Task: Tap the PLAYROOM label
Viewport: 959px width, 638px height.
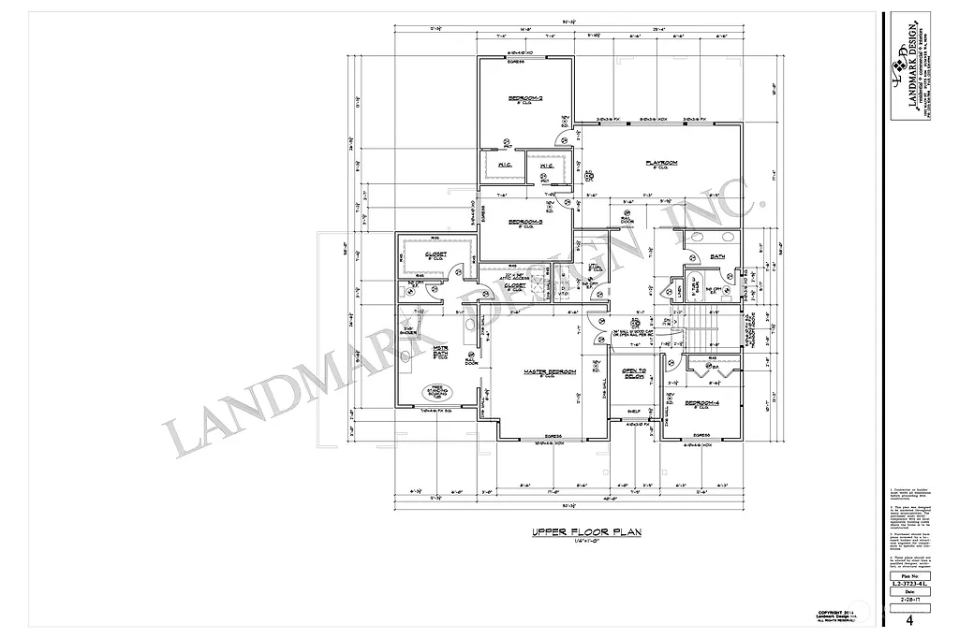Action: [x=661, y=163]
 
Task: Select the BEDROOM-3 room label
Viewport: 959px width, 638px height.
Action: [x=526, y=222]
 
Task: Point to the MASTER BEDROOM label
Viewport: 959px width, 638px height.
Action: [x=549, y=372]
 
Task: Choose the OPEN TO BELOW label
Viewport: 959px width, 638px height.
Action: [x=635, y=374]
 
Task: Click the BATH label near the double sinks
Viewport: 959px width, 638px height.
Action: [x=717, y=255]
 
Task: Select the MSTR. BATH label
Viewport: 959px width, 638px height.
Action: [x=439, y=352]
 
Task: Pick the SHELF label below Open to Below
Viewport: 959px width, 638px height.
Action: [x=633, y=410]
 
